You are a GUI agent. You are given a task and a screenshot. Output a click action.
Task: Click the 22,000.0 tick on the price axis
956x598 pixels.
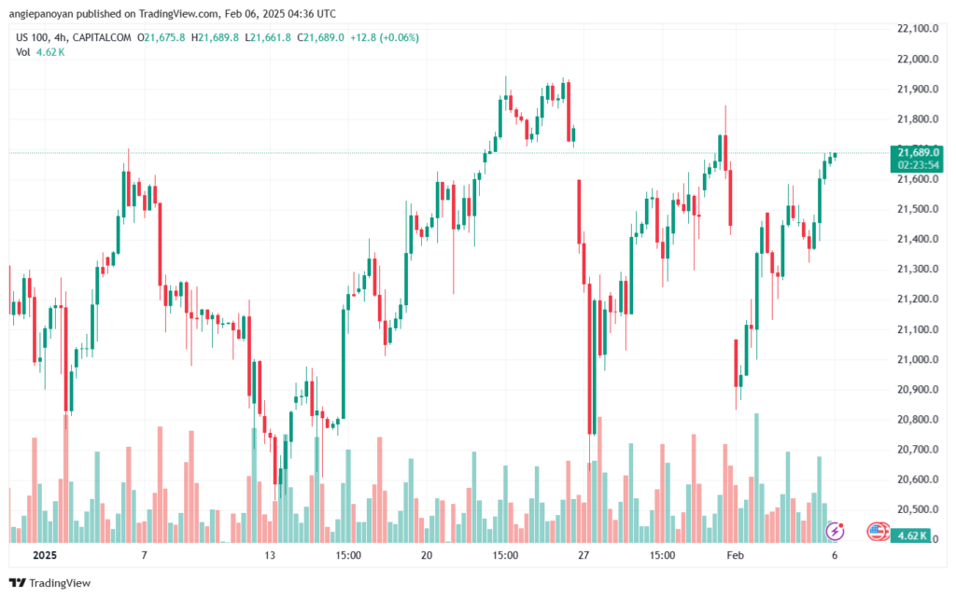point(917,59)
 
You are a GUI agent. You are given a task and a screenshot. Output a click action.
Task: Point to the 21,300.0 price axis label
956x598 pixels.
point(917,270)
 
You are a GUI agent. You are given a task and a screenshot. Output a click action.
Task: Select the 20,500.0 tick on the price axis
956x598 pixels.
point(917,509)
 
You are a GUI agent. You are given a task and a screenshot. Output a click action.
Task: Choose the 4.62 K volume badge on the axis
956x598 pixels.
point(912,535)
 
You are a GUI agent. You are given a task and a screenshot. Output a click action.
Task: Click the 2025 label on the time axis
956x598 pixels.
point(45,555)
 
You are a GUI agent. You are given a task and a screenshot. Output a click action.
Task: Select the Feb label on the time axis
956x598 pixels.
point(736,555)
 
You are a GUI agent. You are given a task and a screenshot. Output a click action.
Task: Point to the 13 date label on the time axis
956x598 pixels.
point(270,555)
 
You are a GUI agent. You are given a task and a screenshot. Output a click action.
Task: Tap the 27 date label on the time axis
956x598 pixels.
point(583,555)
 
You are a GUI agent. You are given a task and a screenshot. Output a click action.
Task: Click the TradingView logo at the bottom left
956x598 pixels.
point(50,583)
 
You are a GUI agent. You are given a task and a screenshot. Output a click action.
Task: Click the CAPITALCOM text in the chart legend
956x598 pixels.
point(101,37)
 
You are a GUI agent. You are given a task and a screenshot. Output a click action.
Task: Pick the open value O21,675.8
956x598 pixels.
point(161,37)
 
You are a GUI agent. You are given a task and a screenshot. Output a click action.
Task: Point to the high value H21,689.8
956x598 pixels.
point(216,37)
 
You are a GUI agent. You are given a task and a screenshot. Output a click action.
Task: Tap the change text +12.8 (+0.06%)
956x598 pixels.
point(384,37)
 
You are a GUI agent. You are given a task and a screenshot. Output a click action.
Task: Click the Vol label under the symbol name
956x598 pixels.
point(22,52)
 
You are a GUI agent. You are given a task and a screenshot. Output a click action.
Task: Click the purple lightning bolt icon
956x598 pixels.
point(835,531)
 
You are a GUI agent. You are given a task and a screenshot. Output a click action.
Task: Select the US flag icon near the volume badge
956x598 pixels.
point(877,531)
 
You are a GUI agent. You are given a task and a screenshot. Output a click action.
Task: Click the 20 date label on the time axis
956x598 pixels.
point(426,555)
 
